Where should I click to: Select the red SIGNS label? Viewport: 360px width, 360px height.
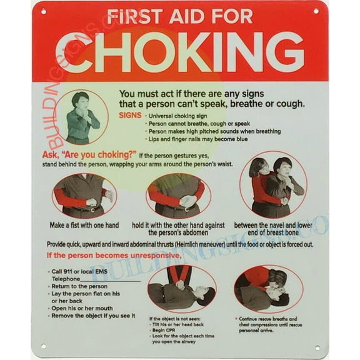click(130, 115)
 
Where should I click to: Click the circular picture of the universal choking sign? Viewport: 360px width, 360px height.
click(81, 117)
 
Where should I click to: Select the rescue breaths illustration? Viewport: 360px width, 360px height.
click(268, 289)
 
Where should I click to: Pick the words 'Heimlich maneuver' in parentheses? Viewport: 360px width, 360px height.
click(222, 244)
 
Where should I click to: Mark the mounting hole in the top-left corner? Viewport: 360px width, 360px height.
click(43, 11)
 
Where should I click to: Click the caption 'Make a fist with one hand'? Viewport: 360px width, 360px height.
click(84, 225)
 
